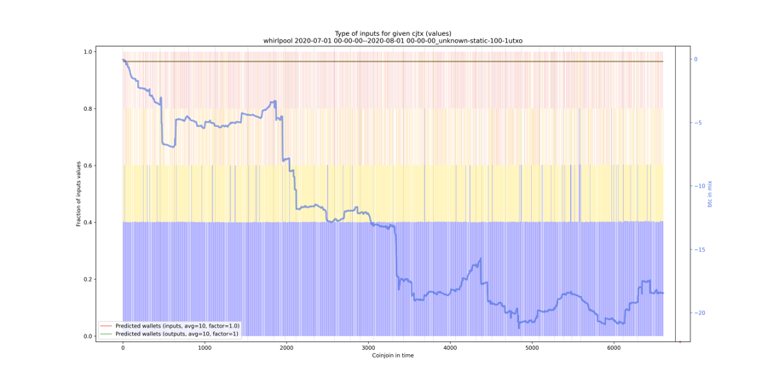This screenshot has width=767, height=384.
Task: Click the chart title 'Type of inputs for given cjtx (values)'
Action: [x=393, y=33]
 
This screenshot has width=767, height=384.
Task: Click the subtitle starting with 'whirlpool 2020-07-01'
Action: [x=393, y=41]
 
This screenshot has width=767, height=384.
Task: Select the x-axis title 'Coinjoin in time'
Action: [x=393, y=355]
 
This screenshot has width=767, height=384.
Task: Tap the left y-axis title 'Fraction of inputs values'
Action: [x=78, y=194]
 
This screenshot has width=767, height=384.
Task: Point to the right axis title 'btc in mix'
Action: [x=710, y=194]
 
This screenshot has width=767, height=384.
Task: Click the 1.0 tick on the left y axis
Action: [x=88, y=52]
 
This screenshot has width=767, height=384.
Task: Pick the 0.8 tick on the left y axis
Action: [x=88, y=109]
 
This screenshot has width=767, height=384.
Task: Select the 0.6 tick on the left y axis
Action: [x=88, y=166]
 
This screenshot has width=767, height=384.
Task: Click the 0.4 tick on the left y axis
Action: [x=88, y=223]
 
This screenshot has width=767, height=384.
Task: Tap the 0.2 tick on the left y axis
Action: [x=88, y=279]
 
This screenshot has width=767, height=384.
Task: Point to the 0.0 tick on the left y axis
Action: [x=88, y=336]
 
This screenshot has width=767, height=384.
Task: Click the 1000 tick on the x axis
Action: [x=205, y=348]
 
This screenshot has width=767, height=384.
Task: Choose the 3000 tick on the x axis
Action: [x=368, y=348]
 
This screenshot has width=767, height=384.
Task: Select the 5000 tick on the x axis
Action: [x=532, y=348]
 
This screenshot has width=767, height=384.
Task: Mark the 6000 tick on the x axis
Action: [x=614, y=348]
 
